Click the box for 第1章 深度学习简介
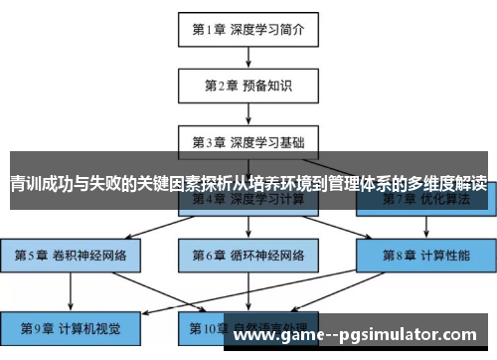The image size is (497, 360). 248,29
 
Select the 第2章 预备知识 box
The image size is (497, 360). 248,85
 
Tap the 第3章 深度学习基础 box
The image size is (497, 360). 248,140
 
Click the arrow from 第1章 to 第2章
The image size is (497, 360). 248,57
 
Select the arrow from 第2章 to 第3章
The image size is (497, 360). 248,112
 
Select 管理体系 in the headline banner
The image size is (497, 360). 356,183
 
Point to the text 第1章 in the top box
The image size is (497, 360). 211,29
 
